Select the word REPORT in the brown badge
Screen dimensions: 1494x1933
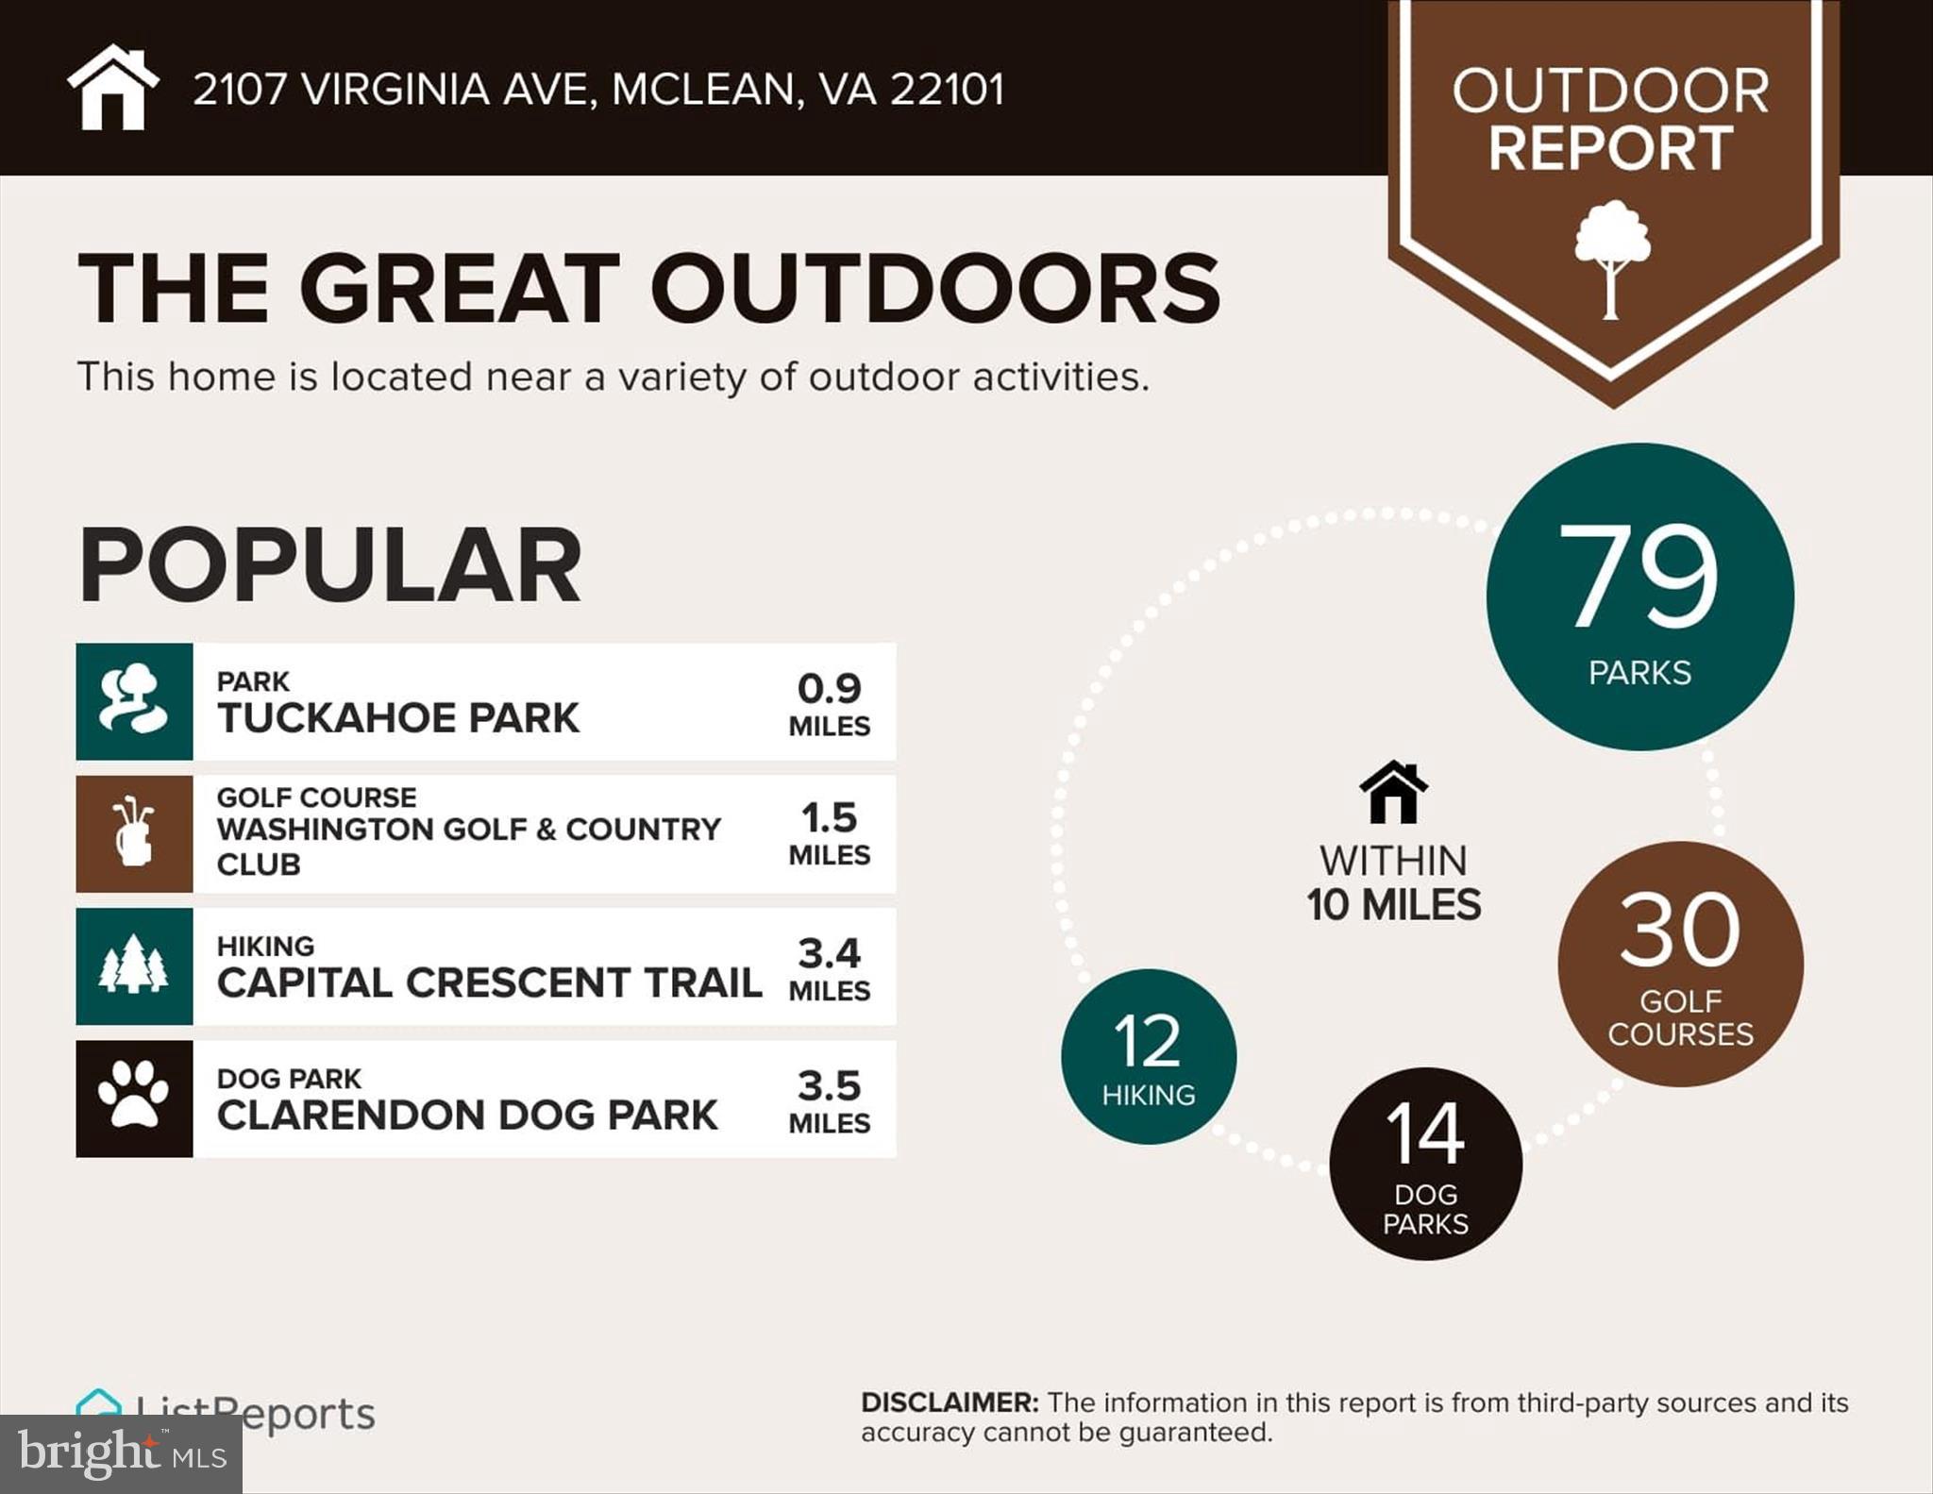coord(1610,148)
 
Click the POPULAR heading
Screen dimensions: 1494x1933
coord(329,565)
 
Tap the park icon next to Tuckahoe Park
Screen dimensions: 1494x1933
coord(134,701)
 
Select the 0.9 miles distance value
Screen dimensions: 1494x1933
coord(829,689)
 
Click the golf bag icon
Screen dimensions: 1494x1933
coord(134,833)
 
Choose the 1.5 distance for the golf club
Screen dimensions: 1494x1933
coord(829,818)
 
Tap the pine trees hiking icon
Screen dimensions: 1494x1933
coord(134,965)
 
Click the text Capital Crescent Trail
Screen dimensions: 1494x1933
coord(489,982)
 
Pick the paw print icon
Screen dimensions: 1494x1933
coord(134,1098)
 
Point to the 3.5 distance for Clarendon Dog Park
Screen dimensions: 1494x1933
coord(829,1086)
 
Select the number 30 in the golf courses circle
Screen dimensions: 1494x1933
coord(1680,931)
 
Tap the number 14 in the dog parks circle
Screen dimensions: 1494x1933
coord(1425,1133)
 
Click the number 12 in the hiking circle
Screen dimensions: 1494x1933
coord(1148,1041)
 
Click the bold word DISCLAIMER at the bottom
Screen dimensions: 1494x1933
coord(949,1402)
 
